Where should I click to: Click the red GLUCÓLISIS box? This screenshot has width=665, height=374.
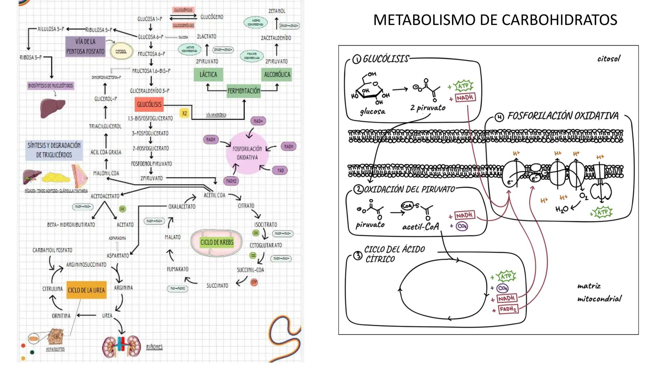tap(149, 104)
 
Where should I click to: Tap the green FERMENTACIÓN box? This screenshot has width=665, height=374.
tap(244, 91)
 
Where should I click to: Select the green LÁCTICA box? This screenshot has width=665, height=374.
tap(208, 74)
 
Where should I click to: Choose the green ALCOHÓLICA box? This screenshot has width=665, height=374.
tap(277, 74)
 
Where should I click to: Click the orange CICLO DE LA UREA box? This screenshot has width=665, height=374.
tap(86, 290)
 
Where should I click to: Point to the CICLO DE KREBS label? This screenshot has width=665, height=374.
tap(217, 242)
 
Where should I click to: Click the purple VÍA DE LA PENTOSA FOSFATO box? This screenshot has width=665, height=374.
tap(85, 46)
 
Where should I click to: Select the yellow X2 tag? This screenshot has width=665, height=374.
tap(184, 114)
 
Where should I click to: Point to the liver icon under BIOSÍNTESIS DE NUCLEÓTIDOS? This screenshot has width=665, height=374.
tap(53, 108)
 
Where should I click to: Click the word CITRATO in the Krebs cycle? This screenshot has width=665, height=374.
tap(246, 206)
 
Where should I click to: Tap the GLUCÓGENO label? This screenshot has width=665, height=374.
tap(212, 17)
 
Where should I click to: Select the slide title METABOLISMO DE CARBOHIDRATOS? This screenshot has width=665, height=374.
tap(495, 20)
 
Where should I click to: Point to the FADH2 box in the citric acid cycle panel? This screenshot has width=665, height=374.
tap(508, 309)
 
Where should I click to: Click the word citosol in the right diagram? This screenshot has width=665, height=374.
tap(609, 59)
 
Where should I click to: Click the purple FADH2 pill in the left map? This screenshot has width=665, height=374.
tap(231, 181)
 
